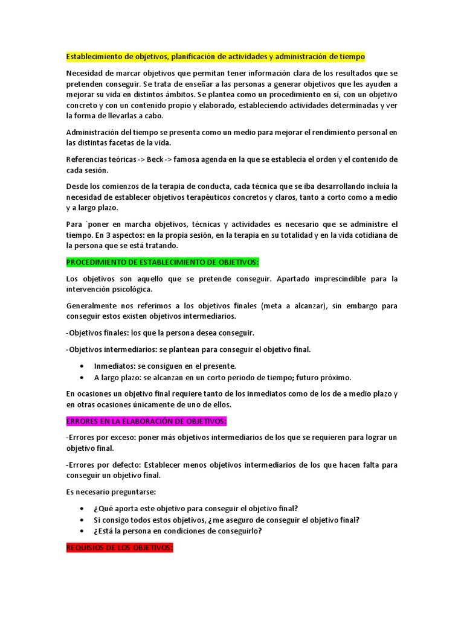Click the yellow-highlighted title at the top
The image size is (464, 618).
pos(216,57)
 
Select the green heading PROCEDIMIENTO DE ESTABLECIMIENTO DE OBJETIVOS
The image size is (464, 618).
pos(162,263)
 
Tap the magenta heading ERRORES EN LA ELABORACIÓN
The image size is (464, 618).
pos(146,421)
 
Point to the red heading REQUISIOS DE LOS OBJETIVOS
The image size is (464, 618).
pos(120,547)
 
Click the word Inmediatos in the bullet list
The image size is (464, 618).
pos(114,366)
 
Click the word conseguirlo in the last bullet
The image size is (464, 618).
pos(239,531)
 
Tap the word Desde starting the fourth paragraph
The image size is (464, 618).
pos(77,186)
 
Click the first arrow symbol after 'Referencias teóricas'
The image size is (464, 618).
pos(141,159)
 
